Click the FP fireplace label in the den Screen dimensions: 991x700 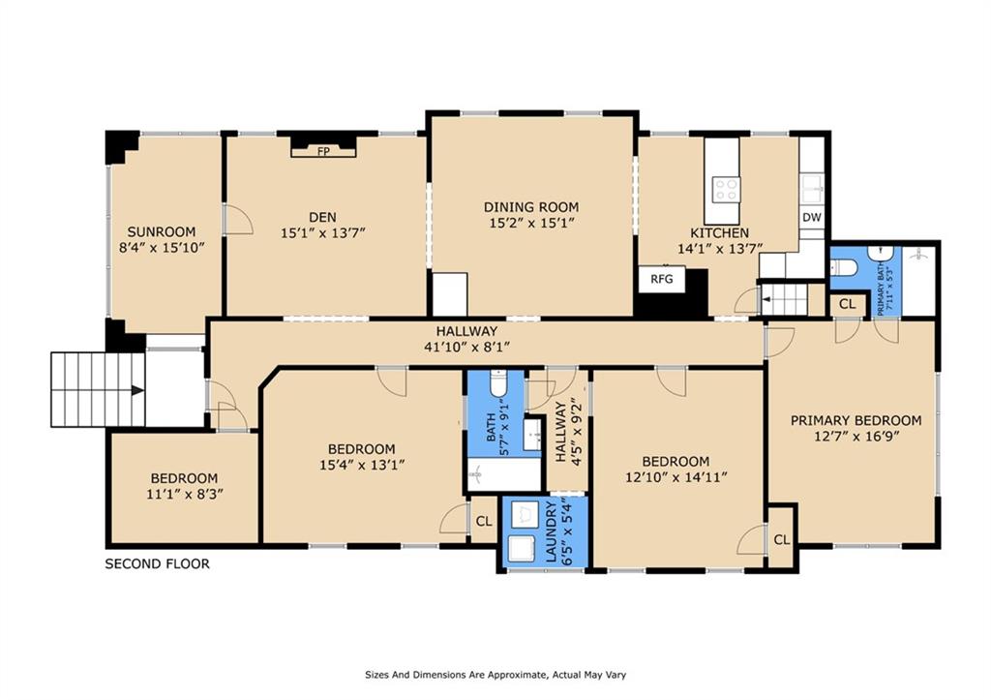pyautogui.click(x=323, y=151)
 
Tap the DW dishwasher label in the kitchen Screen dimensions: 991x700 pyautogui.click(x=812, y=218)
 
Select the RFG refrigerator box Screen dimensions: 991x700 pyautogui.click(x=662, y=279)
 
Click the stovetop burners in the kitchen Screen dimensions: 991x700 pyautogui.click(x=726, y=189)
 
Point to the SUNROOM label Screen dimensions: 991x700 pyautogui.click(x=162, y=231)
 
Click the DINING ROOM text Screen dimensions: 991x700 pyautogui.click(x=531, y=207)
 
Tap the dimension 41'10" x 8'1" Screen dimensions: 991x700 pyautogui.click(x=466, y=347)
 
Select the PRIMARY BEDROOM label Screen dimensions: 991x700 pyautogui.click(x=856, y=420)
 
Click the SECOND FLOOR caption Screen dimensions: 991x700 pyautogui.click(x=157, y=564)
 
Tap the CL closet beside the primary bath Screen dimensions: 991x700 pyautogui.click(x=847, y=304)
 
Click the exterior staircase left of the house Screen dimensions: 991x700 pyautogui.click(x=98, y=390)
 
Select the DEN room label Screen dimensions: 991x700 pyautogui.click(x=322, y=218)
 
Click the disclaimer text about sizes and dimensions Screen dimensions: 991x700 pyautogui.click(x=495, y=675)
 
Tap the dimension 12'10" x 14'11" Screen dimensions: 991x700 pyautogui.click(x=676, y=476)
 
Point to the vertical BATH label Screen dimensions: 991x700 pyautogui.click(x=492, y=428)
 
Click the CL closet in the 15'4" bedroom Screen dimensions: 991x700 pyautogui.click(x=484, y=522)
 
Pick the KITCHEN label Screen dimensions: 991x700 pyautogui.click(x=719, y=232)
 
